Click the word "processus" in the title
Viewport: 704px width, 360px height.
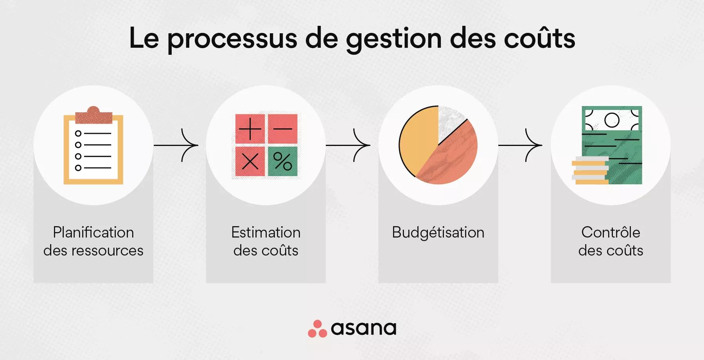point(232,39)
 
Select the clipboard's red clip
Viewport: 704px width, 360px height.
point(93,115)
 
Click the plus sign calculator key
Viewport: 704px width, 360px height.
point(250,129)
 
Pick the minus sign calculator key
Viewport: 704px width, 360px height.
point(282,129)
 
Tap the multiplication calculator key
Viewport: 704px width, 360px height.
point(250,161)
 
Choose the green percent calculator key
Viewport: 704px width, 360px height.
point(282,161)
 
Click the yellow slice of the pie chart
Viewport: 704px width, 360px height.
point(418,141)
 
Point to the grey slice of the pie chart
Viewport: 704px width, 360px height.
point(450,121)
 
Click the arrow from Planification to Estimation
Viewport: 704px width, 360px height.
point(176,145)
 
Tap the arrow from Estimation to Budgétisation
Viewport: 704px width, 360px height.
point(348,145)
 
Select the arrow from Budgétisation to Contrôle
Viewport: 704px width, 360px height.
point(521,145)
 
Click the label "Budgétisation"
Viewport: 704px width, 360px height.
point(438,232)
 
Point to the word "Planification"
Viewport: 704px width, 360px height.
point(93,232)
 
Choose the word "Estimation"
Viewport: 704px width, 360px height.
point(266,232)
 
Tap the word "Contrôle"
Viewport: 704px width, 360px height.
point(611,232)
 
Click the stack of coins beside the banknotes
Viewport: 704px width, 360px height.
point(590,171)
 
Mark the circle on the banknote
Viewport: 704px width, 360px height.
point(612,120)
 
